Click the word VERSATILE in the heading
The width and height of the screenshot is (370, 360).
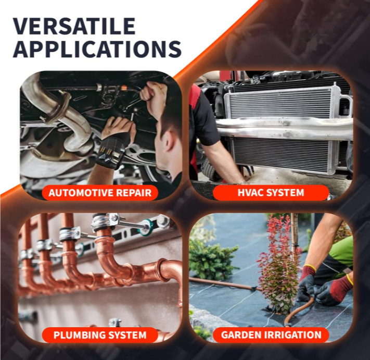pos(74,26)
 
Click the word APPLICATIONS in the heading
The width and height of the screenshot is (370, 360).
pos(97,49)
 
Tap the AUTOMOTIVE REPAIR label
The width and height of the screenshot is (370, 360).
pos(100,193)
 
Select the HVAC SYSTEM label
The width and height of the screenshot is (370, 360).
pos(271,193)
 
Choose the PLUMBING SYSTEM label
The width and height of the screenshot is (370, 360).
pos(100,335)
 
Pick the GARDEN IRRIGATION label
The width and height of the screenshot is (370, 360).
pos(271,335)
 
